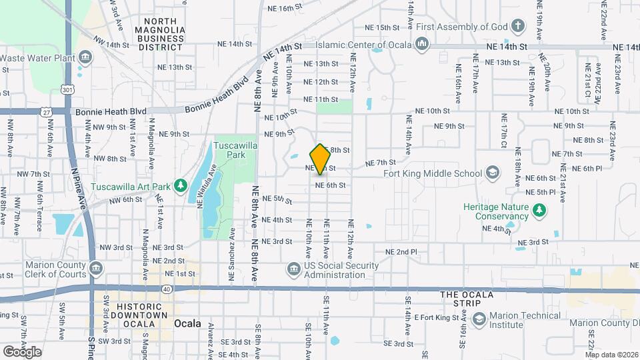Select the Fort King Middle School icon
[492, 173]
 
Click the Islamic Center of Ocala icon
[421, 44]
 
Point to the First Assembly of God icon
[517, 27]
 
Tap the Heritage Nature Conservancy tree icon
[539, 211]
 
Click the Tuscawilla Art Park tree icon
[179, 185]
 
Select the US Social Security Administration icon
[293, 269]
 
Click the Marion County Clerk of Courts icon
[97, 269]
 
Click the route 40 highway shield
[166, 289]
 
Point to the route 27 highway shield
[46, 113]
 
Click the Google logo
[21, 351]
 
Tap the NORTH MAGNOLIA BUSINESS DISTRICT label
[159, 35]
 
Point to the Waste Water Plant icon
[85, 57]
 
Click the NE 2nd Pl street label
[401, 252]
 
